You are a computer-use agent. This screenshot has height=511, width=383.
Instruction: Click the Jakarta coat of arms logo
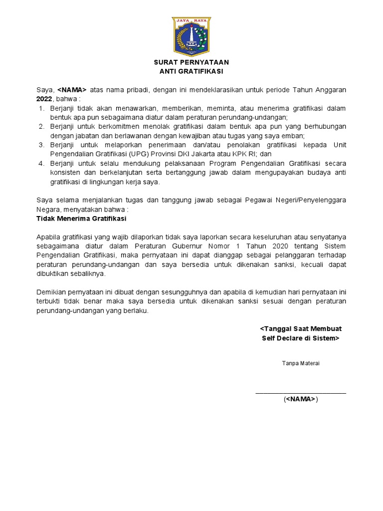(x=191, y=36)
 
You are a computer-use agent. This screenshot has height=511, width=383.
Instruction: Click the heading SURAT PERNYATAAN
(x=191, y=62)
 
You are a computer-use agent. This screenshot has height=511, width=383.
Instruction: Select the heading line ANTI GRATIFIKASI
(x=191, y=71)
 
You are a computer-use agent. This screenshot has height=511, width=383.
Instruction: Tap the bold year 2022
(x=44, y=99)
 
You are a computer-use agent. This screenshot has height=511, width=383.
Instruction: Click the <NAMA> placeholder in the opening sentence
(x=72, y=90)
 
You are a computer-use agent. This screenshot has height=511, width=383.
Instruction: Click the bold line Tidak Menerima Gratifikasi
(x=82, y=219)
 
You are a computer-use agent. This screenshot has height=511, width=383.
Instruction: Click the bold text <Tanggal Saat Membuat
(x=301, y=329)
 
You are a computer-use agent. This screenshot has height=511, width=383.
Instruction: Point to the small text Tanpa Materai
(x=301, y=363)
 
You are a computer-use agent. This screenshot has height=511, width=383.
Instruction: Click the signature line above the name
(x=301, y=394)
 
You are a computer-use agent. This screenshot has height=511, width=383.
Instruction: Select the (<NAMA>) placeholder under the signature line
(x=301, y=399)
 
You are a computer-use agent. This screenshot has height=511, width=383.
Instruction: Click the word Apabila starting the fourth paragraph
(x=48, y=237)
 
